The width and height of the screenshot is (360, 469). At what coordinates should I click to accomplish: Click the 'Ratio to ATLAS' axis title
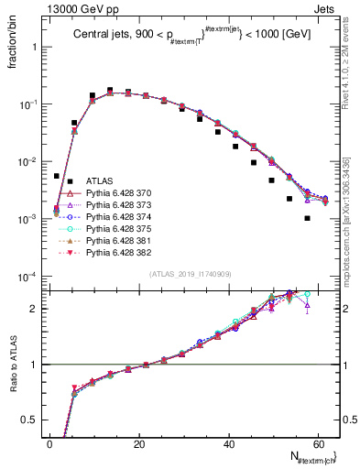[13, 364]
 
